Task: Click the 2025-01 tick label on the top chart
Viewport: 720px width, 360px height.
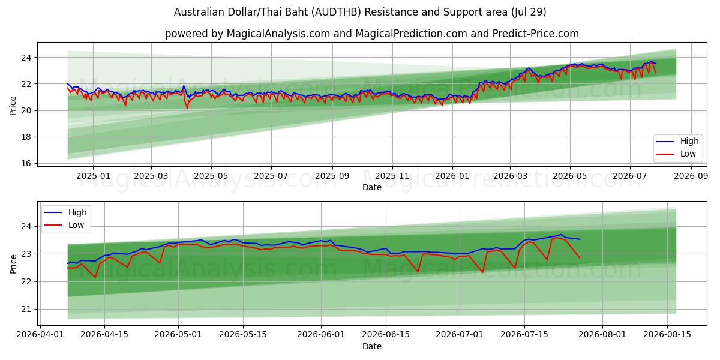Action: pos(93,176)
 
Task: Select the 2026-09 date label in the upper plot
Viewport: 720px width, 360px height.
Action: pos(691,176)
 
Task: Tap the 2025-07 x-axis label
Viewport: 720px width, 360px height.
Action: pos(271,176)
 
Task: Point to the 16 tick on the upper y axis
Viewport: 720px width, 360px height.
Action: pos(26,164)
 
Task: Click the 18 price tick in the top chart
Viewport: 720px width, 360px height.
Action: pos(26,137)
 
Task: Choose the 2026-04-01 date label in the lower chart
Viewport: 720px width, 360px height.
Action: pos(40,335)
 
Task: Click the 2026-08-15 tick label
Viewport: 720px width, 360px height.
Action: pos(667,335)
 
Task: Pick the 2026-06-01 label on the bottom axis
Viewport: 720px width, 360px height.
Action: pos(321,335)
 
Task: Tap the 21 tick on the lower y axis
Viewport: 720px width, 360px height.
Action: pos(26,310)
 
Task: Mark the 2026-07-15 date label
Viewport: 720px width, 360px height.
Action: pos(524,335)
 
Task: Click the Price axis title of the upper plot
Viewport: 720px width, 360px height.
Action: pos(13,106)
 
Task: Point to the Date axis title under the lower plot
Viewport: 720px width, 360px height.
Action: pos(372,347)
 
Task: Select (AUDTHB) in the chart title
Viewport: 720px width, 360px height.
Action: pos(338,12)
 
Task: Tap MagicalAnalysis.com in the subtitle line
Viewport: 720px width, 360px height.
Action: pos(278,34)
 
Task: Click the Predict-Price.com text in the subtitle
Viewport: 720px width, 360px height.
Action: pos(535,34)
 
